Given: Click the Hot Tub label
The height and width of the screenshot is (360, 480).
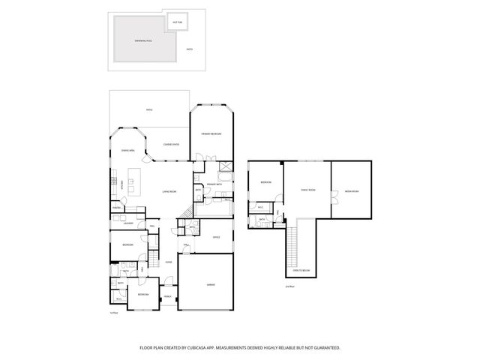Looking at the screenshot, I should tap(177, 22).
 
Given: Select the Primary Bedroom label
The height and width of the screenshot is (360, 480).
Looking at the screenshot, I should tap(211, 133).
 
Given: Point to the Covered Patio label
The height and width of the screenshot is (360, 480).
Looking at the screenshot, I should tap(170, 144).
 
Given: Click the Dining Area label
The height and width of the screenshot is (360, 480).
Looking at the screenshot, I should tap(127, 151).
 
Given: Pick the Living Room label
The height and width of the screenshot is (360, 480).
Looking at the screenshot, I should tap(169, 192).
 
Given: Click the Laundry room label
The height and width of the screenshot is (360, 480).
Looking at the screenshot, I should tap(128, 223).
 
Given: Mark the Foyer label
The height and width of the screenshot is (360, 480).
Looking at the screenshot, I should tap(169, 262).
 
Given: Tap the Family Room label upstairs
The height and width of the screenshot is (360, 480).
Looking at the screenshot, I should tap(307, 190).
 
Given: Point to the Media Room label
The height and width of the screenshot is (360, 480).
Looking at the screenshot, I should tap(351, 192).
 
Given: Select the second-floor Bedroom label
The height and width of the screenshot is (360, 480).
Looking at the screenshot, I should tap(265, 182).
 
